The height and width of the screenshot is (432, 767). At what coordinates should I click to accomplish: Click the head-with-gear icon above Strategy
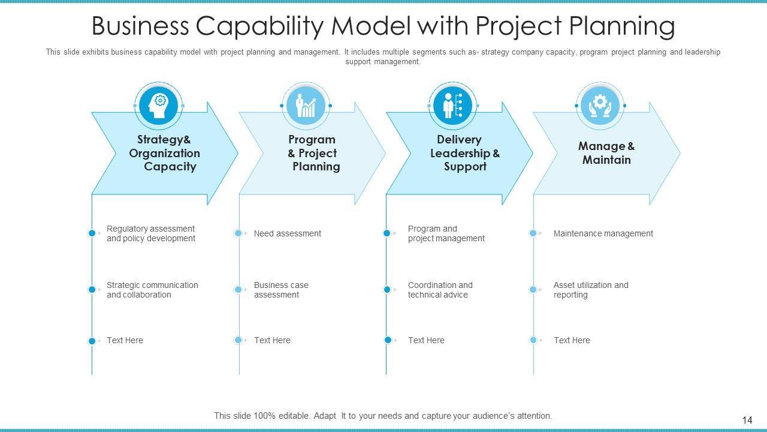tap(159, 105)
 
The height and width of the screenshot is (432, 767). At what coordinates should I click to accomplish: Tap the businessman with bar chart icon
tap(306, 106)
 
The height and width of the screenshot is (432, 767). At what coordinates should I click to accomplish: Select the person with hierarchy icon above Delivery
tap(452, 106)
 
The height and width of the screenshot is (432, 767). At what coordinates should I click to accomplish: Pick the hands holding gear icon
tap(600, 106)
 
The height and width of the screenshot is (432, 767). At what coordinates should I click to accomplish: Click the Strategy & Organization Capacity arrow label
tap(164, 153)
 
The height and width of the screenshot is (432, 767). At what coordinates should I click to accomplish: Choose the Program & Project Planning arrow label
tap(312, 153)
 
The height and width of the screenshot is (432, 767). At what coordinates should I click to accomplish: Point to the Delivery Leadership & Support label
tap(464, 153)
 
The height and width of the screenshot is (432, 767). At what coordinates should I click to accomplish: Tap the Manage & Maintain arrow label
tap(606, 153)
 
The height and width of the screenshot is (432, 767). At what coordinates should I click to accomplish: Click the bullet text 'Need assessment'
tap(287, 233)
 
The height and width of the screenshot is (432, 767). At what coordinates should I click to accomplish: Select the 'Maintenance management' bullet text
tap(603, 233)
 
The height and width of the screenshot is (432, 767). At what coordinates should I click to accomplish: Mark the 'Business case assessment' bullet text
tap(281, 290)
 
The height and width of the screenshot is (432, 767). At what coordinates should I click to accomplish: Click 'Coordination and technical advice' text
tap(440, 290)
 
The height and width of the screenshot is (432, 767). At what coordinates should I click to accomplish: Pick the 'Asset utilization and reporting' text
tap(590, 290)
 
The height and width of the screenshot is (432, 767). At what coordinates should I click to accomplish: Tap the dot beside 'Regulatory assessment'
tap(92, 233)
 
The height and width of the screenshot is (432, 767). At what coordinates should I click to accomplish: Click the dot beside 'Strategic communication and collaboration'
tap(92, 290)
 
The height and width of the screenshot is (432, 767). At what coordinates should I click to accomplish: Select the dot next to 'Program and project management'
tap(387, 233)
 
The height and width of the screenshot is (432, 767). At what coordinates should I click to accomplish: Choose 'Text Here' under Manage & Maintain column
tap(572, 340)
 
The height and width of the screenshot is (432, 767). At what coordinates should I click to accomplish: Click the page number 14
tap(747, 421)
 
